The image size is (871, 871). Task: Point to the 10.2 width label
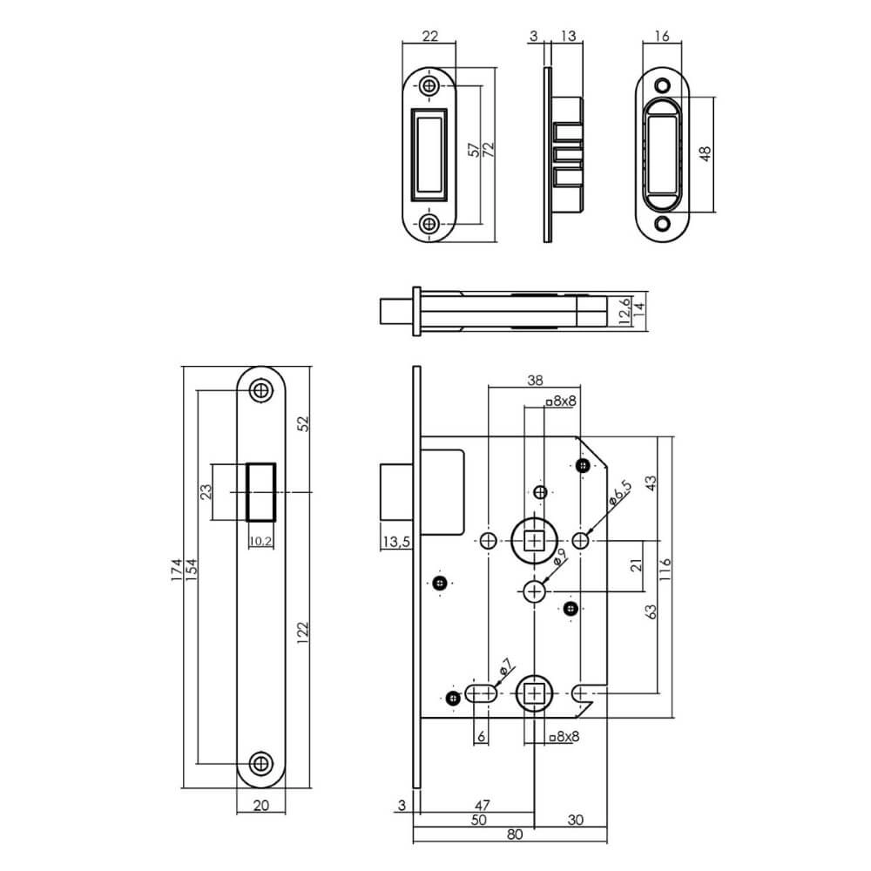(x=260, y=540)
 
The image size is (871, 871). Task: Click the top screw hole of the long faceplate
(x=260, y=390)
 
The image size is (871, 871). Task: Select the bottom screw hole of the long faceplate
(x=260, y=763)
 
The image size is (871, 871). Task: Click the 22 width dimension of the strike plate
(x=429, y=36)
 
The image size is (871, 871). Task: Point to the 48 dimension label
(x=706, y=152)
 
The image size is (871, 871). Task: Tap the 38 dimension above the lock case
(x=535, y=380)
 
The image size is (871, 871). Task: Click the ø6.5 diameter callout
(x=618, y=496)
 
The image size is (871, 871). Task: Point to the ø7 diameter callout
(x=504, y=670)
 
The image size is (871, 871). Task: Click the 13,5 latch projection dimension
(x=396, y=544)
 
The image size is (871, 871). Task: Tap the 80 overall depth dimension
(x=514, y=834)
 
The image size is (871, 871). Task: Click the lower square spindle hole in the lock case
(x=534, y=694)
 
